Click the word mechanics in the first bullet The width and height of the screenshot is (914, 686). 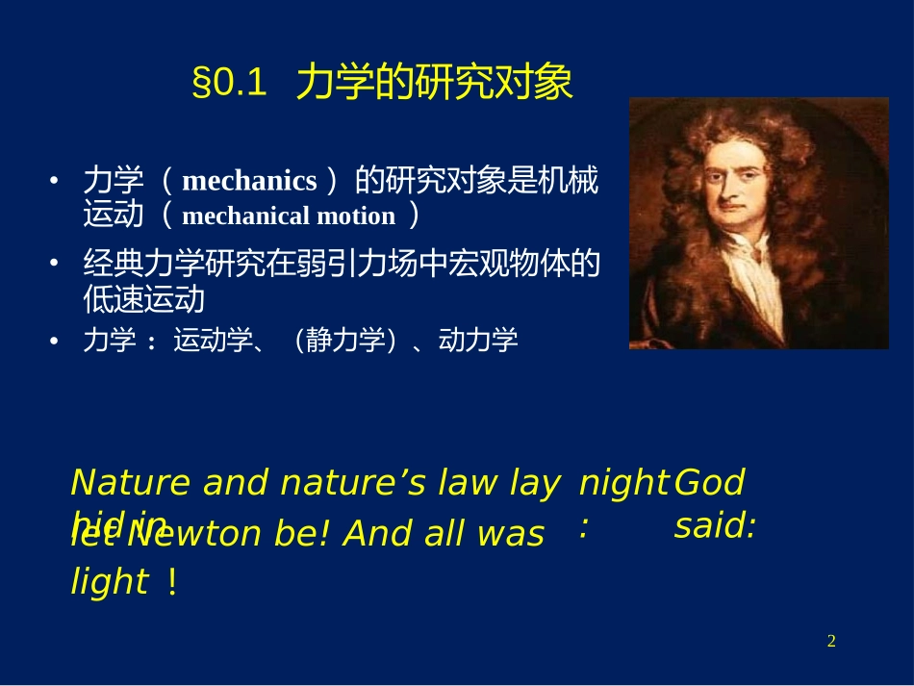pyautogui.click(x=249, y=181)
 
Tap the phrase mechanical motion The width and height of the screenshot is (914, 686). pyautogui.click(x=289, y=216)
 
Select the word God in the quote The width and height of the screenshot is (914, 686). pyautogui.click(x=709, y=482)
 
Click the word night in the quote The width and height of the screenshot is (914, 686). pyautogui.click(x=623, y=482)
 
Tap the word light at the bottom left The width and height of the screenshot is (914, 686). pyautogui.click(x=110, y=582)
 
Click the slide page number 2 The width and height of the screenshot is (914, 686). pyautogui.click(x=831, y=642)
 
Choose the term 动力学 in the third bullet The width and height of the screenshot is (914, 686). pyautogui.click(x=478, y=340)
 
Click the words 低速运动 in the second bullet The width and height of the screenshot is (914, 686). pyautogui.click(x=144, y=299)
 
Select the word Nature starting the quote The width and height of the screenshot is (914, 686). pyautogui.click(x=134, y=482)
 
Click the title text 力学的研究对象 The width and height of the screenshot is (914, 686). pyautogui.click(x=434, y=84)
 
